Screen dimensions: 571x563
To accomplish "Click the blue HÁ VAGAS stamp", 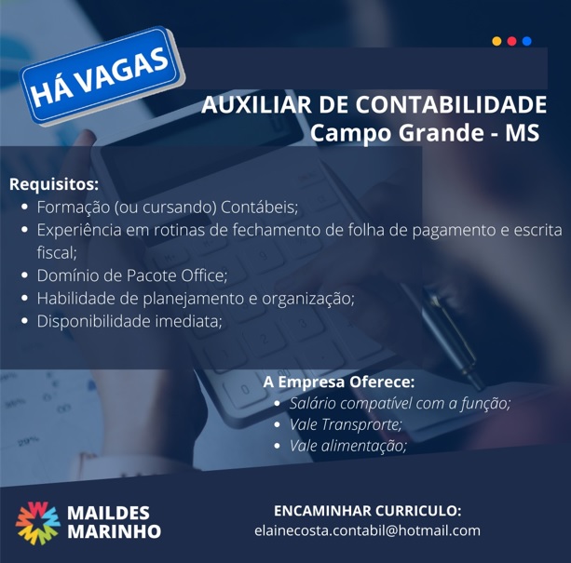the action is point(102,76).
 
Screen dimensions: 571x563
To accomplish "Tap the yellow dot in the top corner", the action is point(496,41).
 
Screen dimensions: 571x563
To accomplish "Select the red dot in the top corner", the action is point(511,41).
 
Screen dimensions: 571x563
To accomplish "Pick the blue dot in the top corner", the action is point(526,41).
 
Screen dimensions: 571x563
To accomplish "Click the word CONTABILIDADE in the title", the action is point(451,104).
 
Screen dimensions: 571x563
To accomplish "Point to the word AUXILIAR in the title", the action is point(256,104).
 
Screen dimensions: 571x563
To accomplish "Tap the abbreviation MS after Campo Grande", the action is point(522,133).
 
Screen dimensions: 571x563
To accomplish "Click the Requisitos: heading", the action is point(54,184).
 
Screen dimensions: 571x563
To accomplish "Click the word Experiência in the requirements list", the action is point(79,230).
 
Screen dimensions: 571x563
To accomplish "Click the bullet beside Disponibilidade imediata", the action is point(25,321).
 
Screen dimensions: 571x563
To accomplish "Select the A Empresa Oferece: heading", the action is point(339,382).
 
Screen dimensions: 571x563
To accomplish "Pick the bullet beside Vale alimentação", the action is point(278,446).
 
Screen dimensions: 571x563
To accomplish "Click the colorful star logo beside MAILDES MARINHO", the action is point(37,523).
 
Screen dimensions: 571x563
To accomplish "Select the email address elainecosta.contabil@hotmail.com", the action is point(367,530).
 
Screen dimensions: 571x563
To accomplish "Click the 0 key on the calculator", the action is point(246,391).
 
